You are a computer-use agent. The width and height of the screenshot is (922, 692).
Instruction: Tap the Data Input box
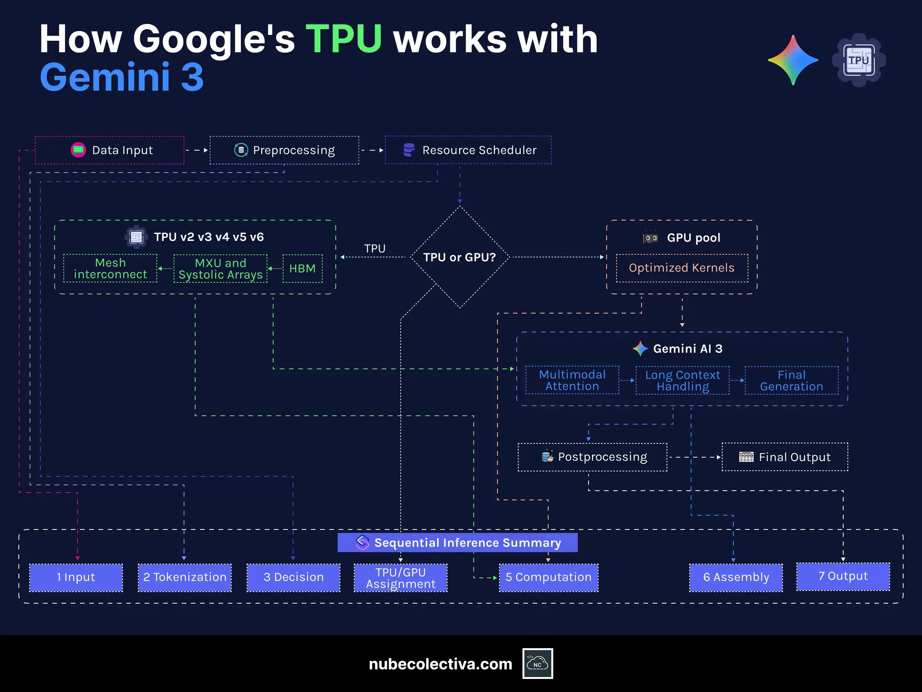coord(109,150)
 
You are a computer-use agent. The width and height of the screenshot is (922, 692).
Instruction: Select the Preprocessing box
coord(284,150)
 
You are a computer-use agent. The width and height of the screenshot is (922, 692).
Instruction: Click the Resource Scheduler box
coord(468,150)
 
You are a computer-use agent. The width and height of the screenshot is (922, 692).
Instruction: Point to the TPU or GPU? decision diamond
coord(460,257)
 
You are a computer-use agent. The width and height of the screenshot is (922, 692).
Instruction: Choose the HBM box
coord(303,269)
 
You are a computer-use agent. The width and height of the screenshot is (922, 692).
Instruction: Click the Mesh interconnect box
coord(111,269)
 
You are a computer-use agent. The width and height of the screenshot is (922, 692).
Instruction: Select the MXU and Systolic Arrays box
coord(221,269)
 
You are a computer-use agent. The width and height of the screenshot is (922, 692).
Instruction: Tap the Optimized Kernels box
coord(682,268)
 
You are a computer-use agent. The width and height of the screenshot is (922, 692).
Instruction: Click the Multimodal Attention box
coord(572,380)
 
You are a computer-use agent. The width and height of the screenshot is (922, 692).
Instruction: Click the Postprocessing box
coord(592,457)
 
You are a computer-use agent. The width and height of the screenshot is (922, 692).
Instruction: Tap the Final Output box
coord(784,457)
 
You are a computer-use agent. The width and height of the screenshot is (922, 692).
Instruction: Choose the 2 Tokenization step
coord(185,577)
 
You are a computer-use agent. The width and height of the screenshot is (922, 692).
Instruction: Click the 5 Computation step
coord(549,577)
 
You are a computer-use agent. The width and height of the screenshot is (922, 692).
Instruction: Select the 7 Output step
coord(843,576)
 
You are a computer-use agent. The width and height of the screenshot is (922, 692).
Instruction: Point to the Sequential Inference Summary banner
coord(457,543)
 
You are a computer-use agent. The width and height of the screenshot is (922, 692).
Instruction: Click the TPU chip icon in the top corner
coord(859,60)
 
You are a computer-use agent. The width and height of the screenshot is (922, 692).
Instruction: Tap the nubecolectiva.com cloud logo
coord(537,663)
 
